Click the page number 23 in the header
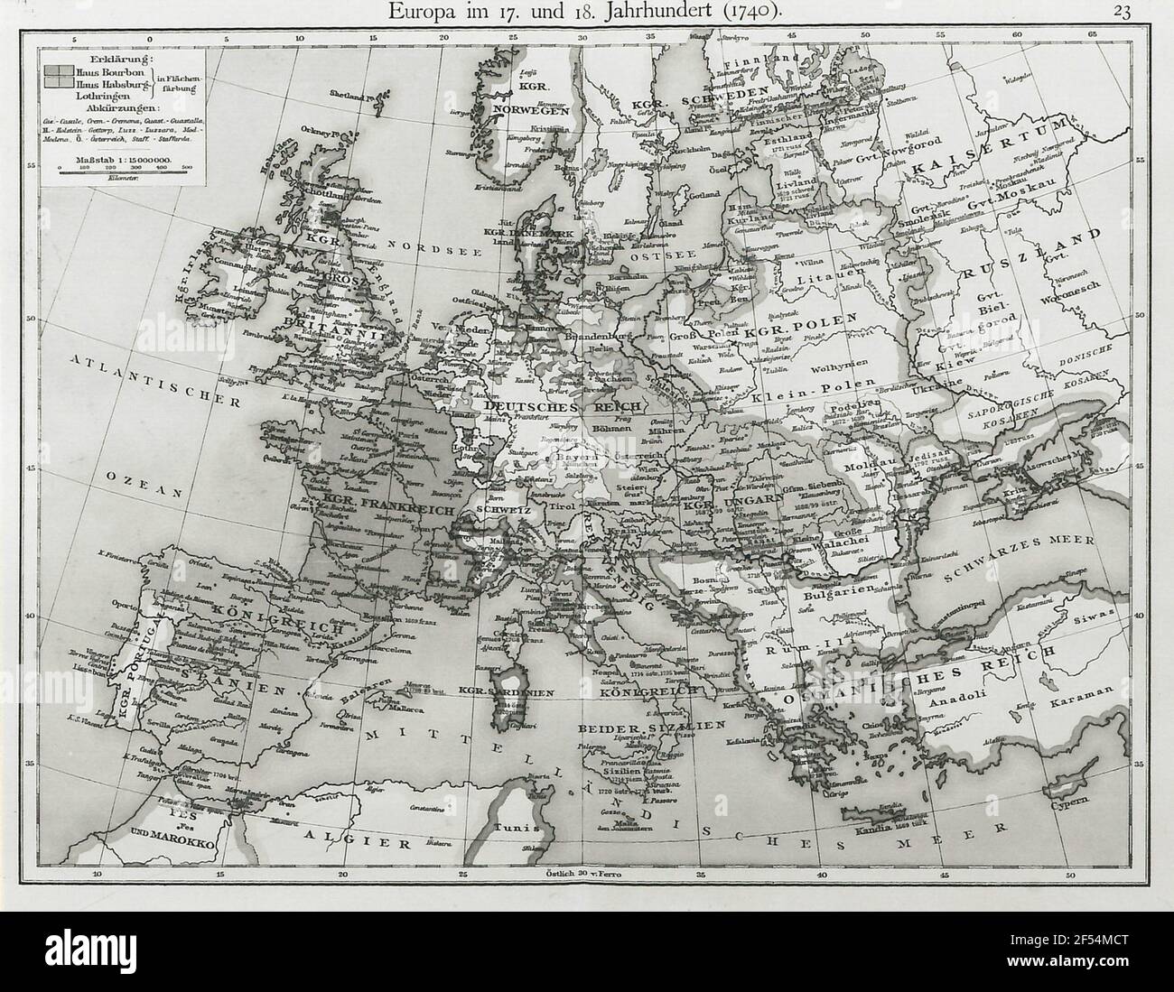coord(1123,12)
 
